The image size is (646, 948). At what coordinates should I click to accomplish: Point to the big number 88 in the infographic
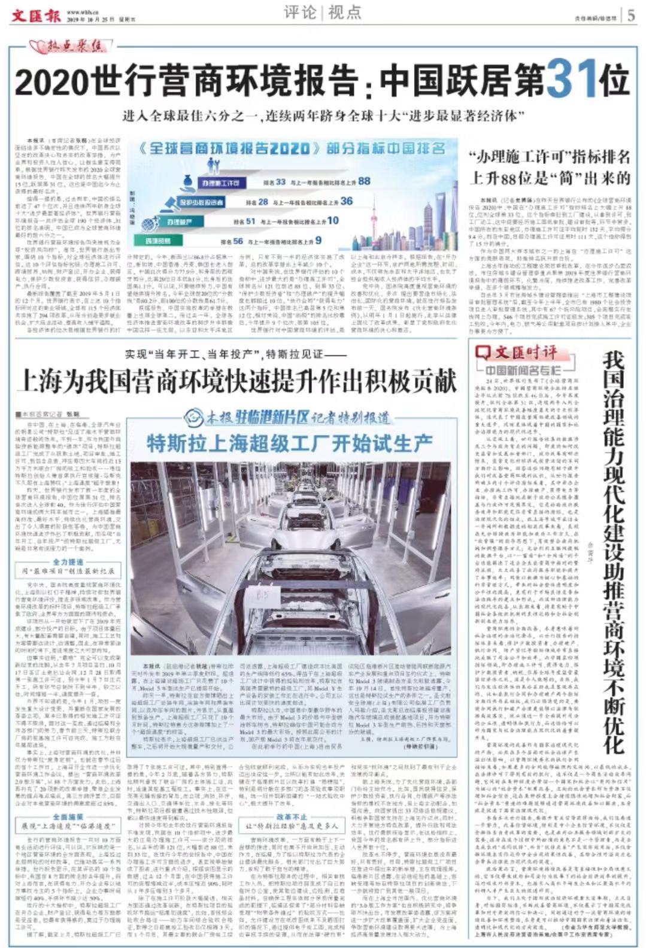click(x=363, y=181)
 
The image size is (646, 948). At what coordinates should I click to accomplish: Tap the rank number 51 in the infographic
click(x=250, y=221)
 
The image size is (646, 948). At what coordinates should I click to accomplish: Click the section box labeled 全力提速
click(x=68, y=562)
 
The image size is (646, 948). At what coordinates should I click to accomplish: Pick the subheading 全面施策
click(x=68, y=817)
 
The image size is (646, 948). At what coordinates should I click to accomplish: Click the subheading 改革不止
click(x=292, y=816)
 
